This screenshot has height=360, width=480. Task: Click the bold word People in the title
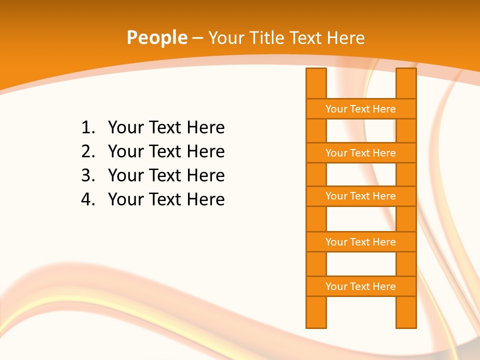pos(156,37)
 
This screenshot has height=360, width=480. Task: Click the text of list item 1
pos(166,127)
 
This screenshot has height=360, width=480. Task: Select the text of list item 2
pos(166,151)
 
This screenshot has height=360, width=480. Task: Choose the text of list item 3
pos(166,175)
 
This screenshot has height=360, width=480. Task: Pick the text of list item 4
pos(166,199)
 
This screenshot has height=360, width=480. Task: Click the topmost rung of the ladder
pos(360,109)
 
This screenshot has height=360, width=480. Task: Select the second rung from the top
pos(360,153)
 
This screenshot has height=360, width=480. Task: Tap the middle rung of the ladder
pos(360,196)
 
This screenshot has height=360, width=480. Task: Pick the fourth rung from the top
pos(360,242)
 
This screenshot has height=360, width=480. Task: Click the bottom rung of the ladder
pos(360,286)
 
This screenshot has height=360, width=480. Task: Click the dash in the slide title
pos(197,38)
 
